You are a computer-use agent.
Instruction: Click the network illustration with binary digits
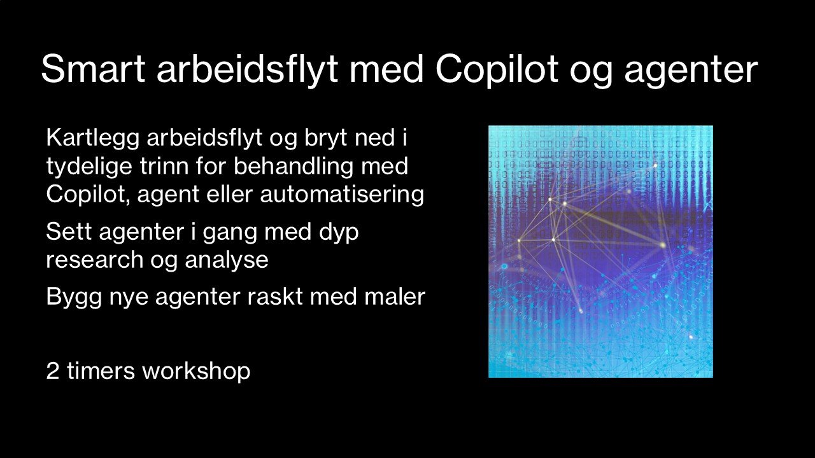(x=600, y=251)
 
